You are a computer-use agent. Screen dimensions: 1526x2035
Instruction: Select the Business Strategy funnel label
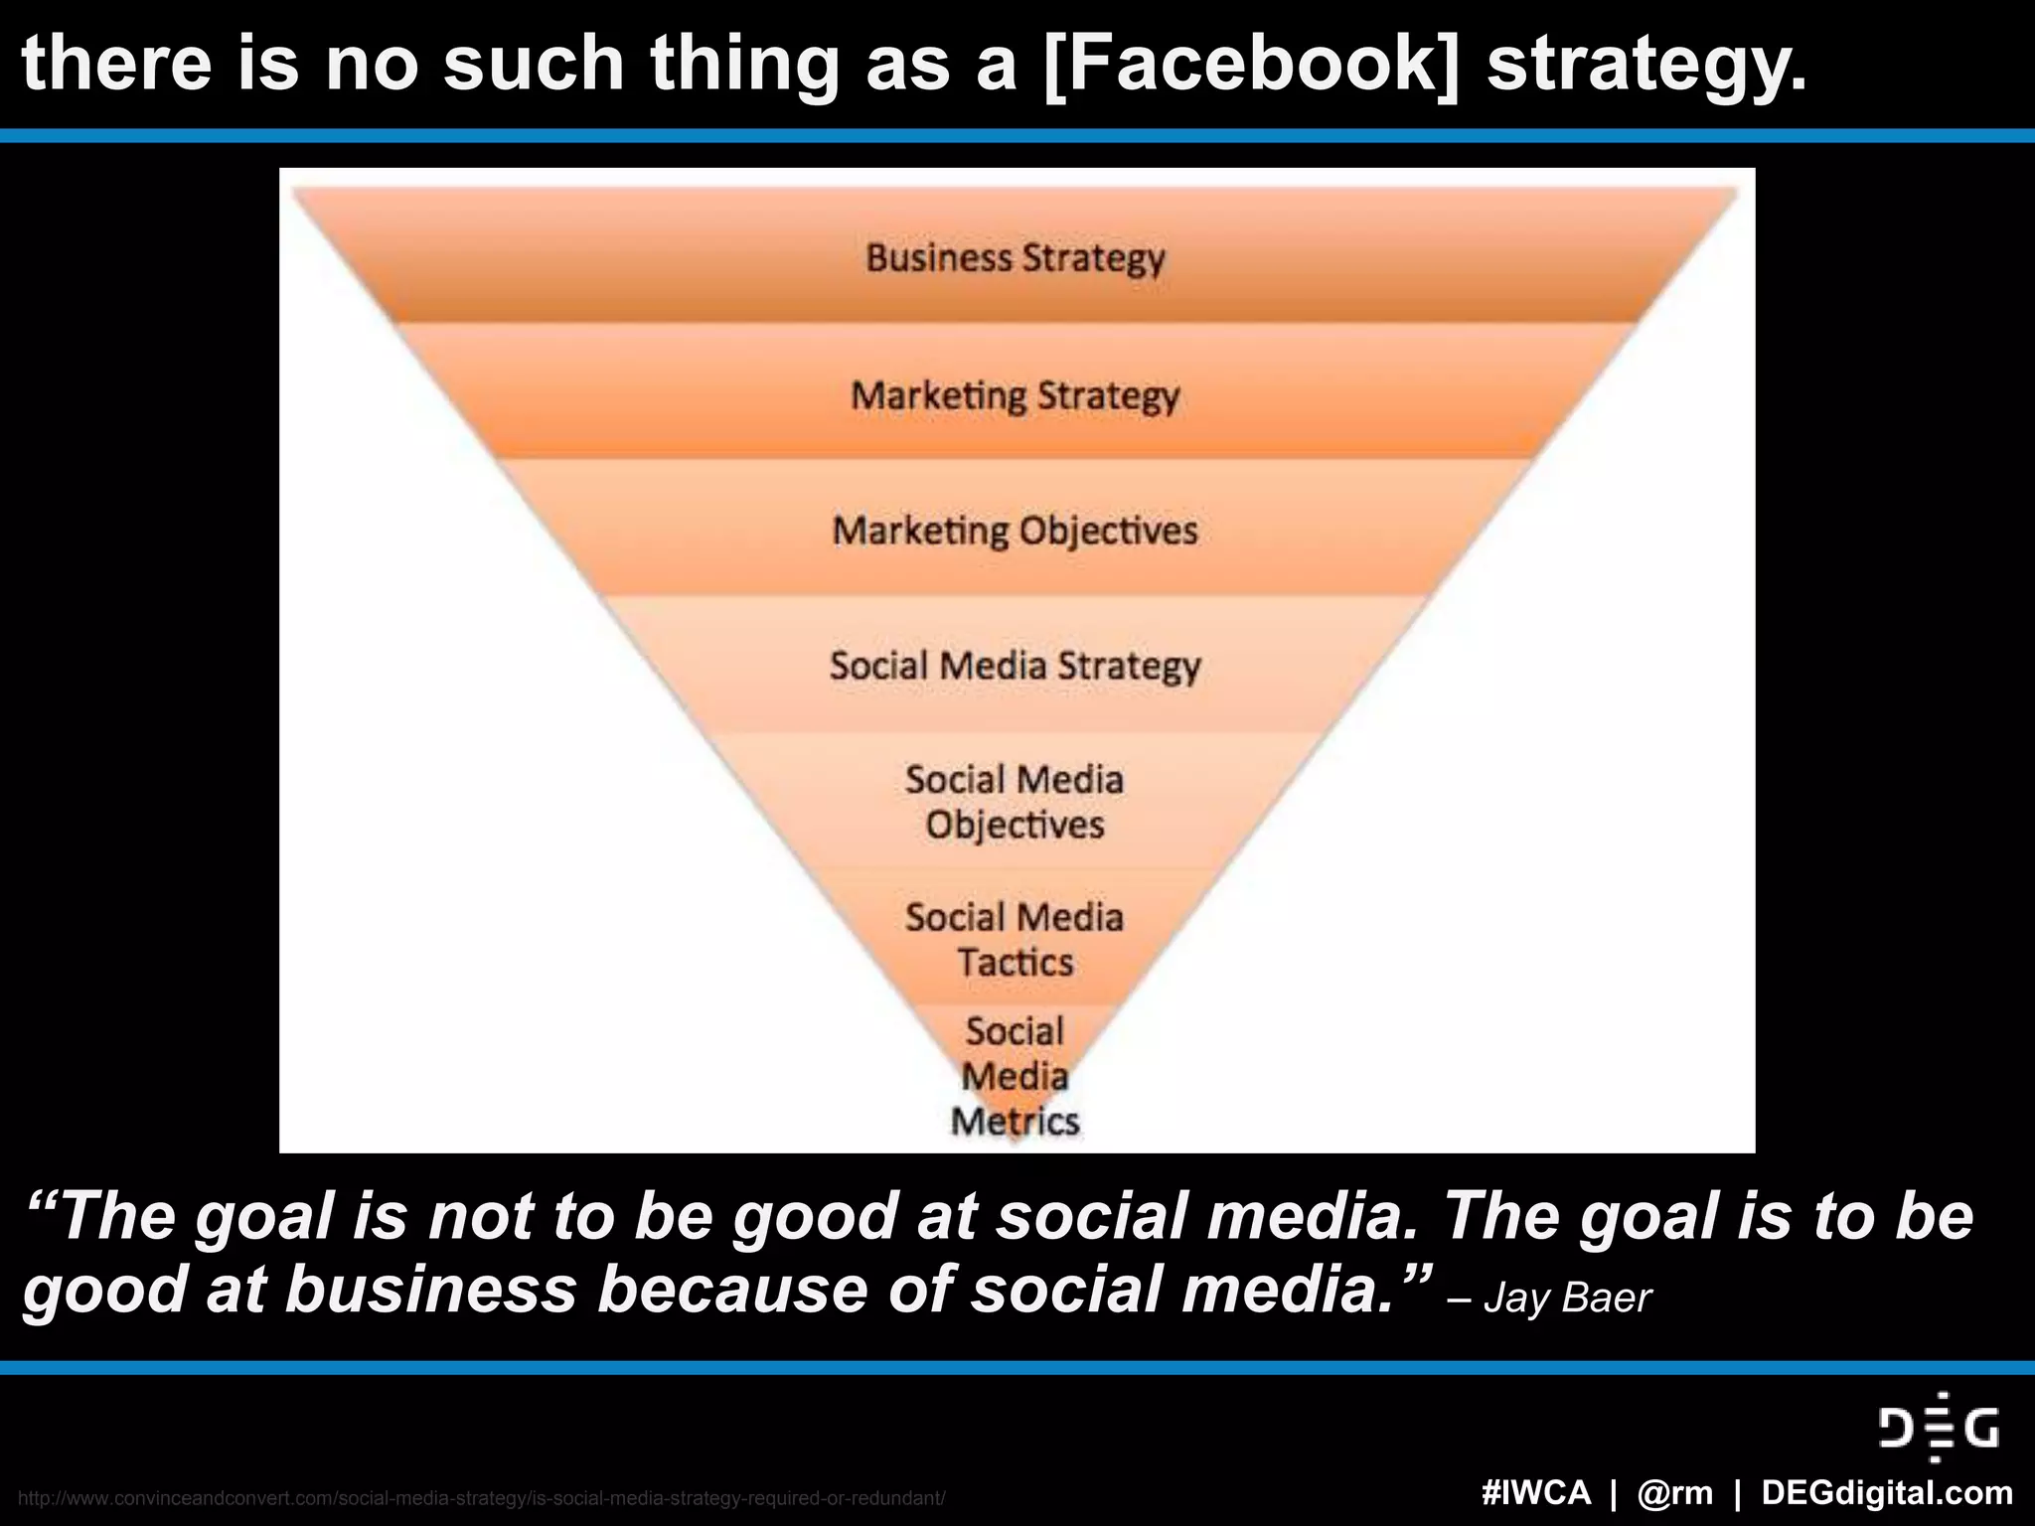pyautogui.click(x=1015, y=258)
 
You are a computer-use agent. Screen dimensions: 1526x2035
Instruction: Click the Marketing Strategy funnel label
pyautogui.click(x=1015, y=396)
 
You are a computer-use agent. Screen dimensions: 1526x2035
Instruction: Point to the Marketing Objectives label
pyautogui.click(x=1015, y=532)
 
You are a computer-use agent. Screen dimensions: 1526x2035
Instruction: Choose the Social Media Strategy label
pyautogui.click(x=1015, y=667)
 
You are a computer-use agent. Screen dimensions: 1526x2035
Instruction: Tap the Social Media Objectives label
pyautogui.click(x=1015, y=803)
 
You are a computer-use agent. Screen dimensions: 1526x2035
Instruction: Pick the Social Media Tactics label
pyautogui.click(x=1015, y=940)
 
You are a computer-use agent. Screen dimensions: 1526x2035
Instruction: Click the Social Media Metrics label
pyautogui.click(x=1015, y=1077)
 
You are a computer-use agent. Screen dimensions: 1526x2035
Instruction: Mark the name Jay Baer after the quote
pyautogui.click(x=1567, y=1298)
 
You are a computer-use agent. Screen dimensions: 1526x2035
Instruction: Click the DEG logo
pyautogui.click(x=1938, y=1429)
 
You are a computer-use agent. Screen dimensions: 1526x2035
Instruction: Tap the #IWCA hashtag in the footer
pyautogui.click(x=1535, y=1493)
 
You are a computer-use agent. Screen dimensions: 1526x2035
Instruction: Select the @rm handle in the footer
pyautogui.click(x=1675, y=1493)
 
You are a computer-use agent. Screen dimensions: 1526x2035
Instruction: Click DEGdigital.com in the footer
pyautogui.click(x=1887, y=1493)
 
